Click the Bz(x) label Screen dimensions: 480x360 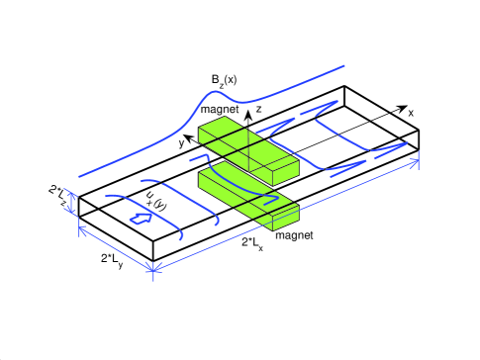click(224, 81)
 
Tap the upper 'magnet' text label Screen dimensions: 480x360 click(220, 109)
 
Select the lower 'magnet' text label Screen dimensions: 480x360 click(294, 235)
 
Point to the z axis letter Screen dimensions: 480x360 click(258, 109)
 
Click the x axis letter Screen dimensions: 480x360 click(411, 113)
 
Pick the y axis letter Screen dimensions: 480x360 click(181, 143)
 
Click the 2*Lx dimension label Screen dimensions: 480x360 click(252, 243)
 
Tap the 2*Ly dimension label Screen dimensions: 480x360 click(112, 259)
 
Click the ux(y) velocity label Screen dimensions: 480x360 click(155, 201)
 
